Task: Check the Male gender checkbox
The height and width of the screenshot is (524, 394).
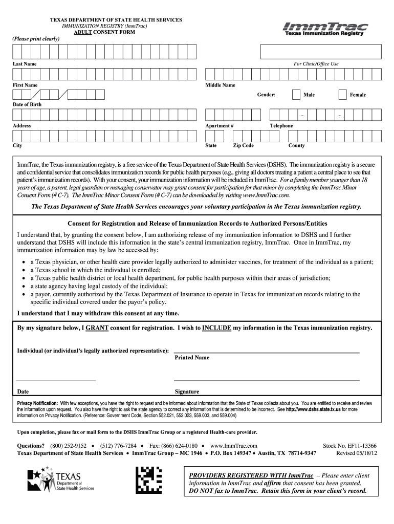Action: pyautogui.click(x=296, y=95)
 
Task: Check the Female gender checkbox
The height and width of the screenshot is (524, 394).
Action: pyautogui.click(x=343, y=95)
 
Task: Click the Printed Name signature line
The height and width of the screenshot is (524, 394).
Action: pyautogui.click(x=267, y=353)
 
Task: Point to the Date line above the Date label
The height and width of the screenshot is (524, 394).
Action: pyautogui.click(x=56, y=381)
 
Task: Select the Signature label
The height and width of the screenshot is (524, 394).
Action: pyautogui.click(x=187, y=392)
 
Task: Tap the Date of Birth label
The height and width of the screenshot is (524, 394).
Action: pyautogui.click(x=27, y=104)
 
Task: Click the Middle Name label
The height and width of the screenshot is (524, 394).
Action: pyautogui.click(x=220, y=85)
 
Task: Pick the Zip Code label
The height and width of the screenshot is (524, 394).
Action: pyautogui.click(x=244, y=145)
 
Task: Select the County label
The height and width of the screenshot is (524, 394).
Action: pyautogui.click(x=296, y=145)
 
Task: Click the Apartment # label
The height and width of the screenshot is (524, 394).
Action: pyautogui.click(x=220, y=125)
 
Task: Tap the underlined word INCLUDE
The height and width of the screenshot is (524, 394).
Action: pyautogui.click(x=216, y=327)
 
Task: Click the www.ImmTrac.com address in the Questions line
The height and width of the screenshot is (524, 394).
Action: pyautogui.click(x=233, y=446)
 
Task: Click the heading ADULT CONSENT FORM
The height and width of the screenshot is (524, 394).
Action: pyautogui.click(x=104, y=32)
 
